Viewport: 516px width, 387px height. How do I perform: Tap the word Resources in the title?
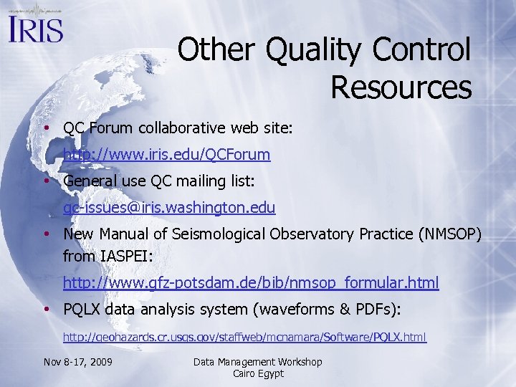401,87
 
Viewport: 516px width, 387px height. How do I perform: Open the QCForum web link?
166,154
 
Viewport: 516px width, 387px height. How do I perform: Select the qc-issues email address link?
169,208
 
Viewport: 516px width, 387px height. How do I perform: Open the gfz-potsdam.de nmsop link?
251,283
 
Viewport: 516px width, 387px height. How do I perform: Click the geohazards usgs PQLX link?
244,336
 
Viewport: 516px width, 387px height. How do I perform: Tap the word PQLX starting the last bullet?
82,310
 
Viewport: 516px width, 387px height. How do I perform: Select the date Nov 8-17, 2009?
77,362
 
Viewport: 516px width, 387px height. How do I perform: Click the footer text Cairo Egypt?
258,373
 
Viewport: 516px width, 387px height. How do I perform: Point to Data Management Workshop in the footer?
258,362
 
